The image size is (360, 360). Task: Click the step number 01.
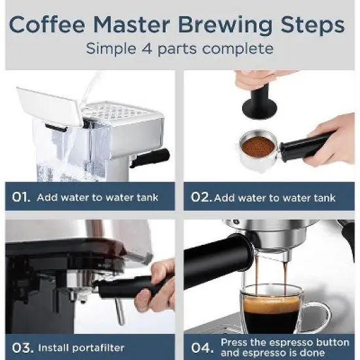coord(21,196)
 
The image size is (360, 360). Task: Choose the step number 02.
coord(200,196)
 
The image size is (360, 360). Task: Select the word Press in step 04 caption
coord(234,342)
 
